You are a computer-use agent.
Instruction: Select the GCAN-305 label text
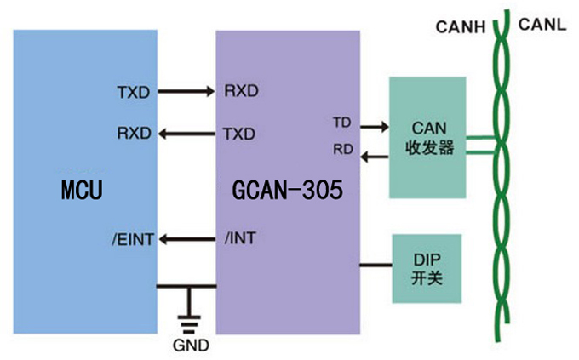(x=287, y=191)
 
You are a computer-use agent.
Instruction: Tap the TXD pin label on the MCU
(x=135, y=90)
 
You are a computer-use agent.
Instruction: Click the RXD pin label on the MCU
(x=135, y=134)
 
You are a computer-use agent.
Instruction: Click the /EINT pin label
(x=132, y=240)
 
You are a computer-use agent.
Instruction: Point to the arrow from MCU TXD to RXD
(x=187, y=90)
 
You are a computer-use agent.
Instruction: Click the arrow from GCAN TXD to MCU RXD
(x=187, y=134)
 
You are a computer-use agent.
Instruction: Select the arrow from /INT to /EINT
(x=187, y=240)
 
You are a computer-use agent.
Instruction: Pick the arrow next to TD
(x=372, y=127)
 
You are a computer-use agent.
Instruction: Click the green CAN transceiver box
(x=427, y=138)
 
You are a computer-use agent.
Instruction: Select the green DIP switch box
(x=426, y=268)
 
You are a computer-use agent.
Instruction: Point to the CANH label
(x=460, y=27)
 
